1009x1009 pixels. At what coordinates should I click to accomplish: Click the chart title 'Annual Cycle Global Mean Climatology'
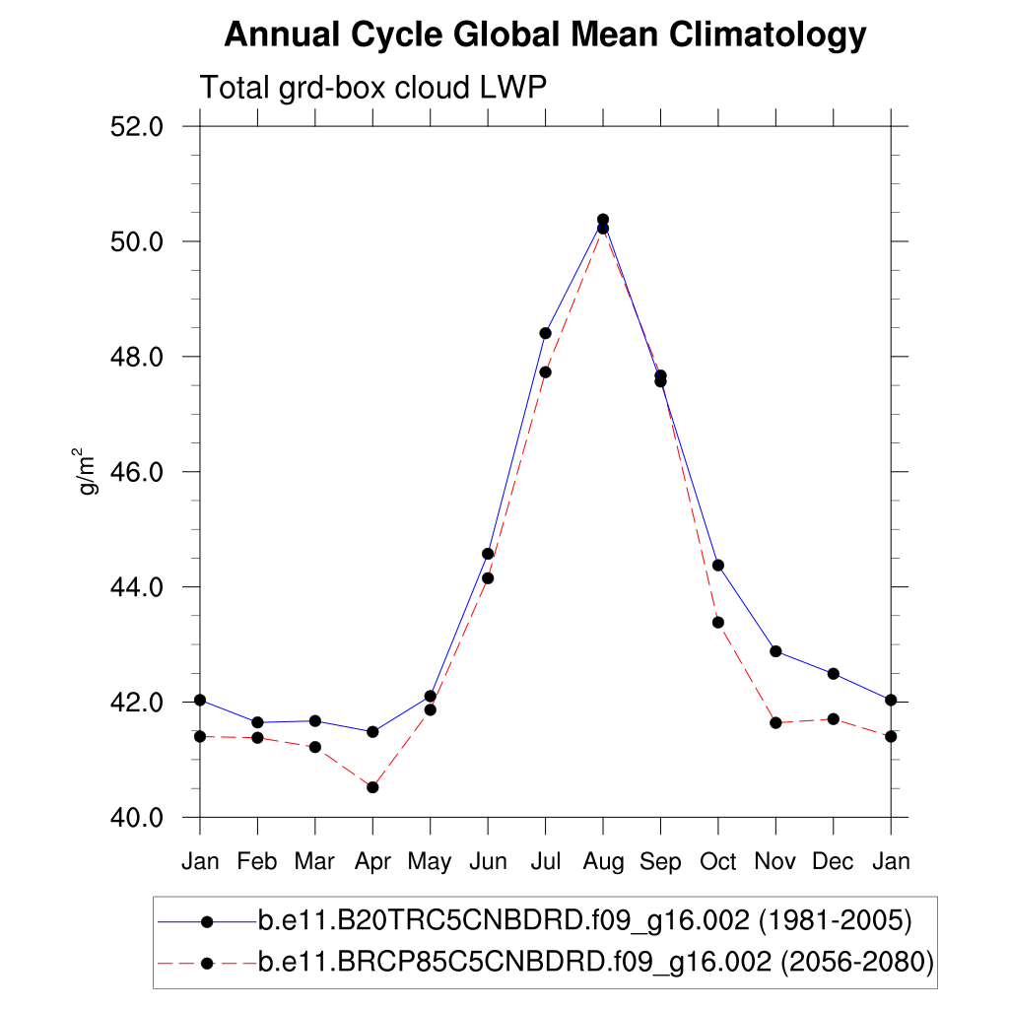[x=545, y=35]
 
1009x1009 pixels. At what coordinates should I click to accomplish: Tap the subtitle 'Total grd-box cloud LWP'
[x=373, y=88]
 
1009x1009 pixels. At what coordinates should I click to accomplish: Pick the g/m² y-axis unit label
[x=88, y=472]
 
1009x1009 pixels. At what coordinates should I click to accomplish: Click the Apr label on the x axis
[x=372, y=862]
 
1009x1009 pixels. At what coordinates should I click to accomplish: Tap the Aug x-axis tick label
[x=603, y=862]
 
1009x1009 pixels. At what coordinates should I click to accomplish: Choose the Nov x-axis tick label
[x=775, y=862]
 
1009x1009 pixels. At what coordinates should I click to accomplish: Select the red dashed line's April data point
[x=372, y=787]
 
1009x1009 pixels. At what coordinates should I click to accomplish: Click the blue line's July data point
[x=545, y=333]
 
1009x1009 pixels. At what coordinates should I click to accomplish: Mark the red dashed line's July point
[x=545, y=371]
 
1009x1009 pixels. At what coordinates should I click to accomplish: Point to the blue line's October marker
[x=718, y=565]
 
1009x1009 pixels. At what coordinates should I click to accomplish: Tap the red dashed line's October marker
[x=718, y=622]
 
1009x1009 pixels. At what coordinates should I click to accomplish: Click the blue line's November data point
[x=775, y=651]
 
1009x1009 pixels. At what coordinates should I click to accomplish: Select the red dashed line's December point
[x=834, y=719]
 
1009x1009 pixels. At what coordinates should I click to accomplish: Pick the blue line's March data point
[x=315, y=721]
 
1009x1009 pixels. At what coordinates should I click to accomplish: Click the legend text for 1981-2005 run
[x=585, y=922]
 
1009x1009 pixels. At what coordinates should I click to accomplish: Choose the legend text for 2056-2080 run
[x=596, y=962]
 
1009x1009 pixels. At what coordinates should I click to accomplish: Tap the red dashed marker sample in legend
[x=207, y=962]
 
